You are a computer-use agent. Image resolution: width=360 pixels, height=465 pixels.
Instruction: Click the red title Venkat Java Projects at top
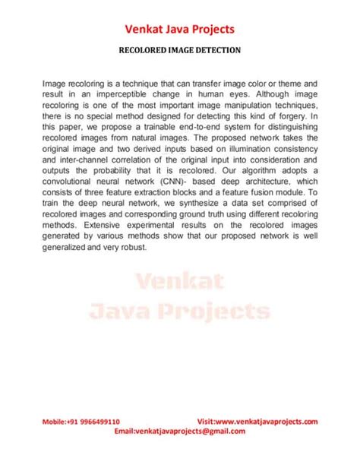click(x=180, y=30)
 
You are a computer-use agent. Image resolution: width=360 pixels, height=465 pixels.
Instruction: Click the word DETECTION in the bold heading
click(x=216, y=52)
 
